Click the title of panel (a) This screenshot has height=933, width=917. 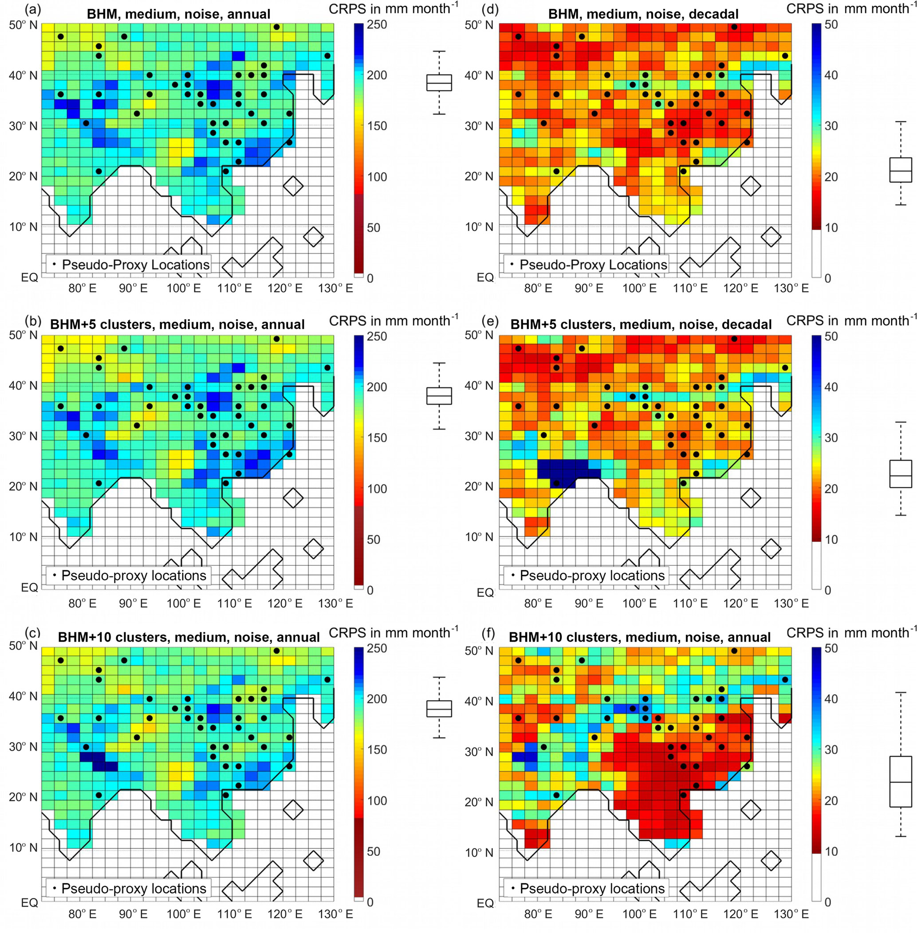(x=178, y=14)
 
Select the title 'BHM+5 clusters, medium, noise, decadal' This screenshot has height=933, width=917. (x=641, y=325)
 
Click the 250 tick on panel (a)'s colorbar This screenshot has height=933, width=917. (x=377, y=24)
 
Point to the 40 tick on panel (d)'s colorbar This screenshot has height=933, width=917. (x=831, y=75)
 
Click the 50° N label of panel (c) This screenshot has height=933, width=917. (x=23, y=645)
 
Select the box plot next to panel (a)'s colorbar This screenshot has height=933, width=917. (x=439, y=83)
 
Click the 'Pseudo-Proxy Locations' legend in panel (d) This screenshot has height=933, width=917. (x=586, y=265)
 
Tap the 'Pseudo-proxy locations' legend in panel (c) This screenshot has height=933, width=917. (x=129, y=888)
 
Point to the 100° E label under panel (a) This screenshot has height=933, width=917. (x=184, y=288)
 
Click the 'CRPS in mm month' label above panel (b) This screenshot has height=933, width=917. (x=393, y=321)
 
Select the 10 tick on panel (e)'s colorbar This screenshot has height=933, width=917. (x=831, y=539)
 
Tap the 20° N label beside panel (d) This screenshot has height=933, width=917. (x=479, y=176)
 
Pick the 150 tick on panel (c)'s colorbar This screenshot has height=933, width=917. (x=377, y=749)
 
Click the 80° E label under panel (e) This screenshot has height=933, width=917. (x=538, y=603)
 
